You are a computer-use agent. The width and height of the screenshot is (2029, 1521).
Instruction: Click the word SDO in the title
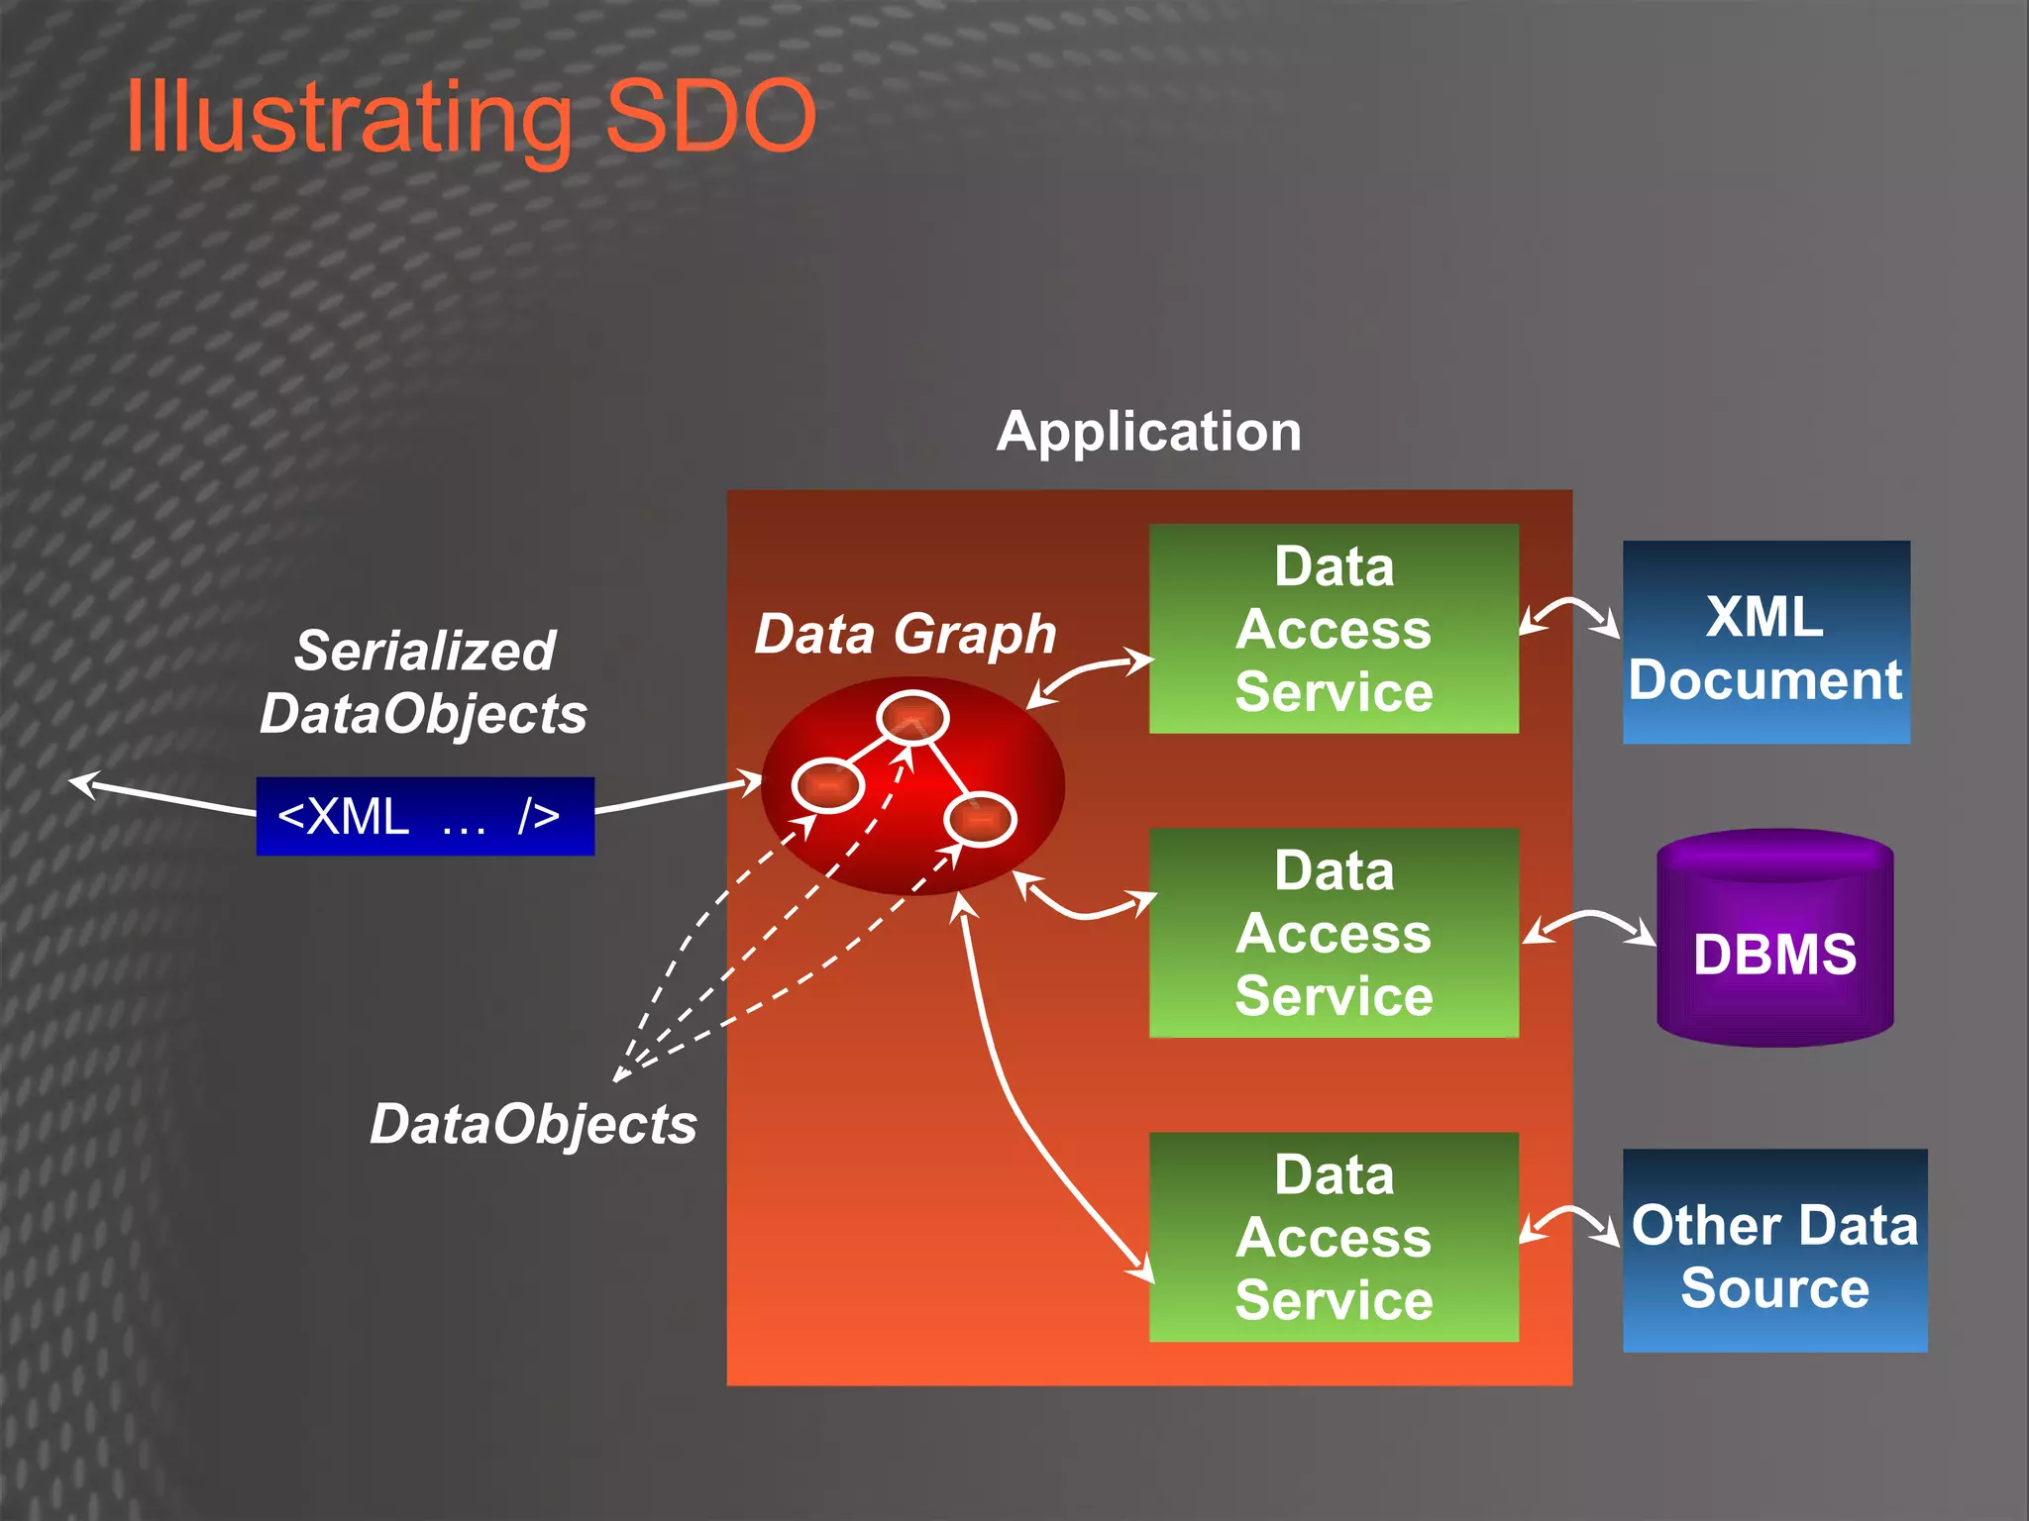click(709, 117)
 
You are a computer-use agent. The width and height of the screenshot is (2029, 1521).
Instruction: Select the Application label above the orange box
click(1148, 432)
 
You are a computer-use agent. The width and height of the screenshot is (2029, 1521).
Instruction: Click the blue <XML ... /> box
click(425, 816)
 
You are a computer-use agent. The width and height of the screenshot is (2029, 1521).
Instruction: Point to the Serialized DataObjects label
click(424, 682)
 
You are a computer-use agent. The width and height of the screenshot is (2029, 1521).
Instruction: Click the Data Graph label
click(905, 634)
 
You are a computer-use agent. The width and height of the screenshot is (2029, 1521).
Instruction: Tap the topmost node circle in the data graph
click(911, 717)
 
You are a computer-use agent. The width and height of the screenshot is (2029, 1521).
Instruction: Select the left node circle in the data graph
click(828, 785)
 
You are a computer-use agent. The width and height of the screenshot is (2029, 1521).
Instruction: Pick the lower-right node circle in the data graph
click(980, 820)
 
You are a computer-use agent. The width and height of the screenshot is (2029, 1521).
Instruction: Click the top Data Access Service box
click(1333, 629)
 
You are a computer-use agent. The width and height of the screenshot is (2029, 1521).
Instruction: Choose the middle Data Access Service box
click(1333, 933)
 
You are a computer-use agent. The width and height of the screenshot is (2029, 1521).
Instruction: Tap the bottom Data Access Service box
click(1333, 1237)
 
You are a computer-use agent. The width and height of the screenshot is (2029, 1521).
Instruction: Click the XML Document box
click(1765, 643)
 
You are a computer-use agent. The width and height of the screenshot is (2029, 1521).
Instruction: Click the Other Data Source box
click(1774, 1251)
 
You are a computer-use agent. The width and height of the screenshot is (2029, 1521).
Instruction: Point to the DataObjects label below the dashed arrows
click(533, 1124)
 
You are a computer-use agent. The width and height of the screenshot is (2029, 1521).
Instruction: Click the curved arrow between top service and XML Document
click(1570, 606)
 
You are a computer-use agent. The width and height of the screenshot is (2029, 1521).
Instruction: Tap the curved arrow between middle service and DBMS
click(1588, 918)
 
